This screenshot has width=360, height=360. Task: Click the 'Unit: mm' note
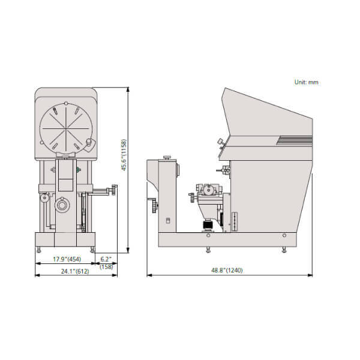coord(306,82)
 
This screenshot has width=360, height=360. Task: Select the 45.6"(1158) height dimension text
coord(124,155)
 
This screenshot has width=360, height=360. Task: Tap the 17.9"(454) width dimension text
coord(67,259)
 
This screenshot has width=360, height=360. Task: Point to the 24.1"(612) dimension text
coord(75,271)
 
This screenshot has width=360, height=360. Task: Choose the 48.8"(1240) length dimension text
coord(227,271)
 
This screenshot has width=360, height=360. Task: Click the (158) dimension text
coord(106,267)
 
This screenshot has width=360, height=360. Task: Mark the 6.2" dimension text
coord(106,259)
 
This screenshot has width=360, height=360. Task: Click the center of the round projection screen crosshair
coord(66,128)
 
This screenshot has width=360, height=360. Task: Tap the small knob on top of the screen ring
coord(66,103)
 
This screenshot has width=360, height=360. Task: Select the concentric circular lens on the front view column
coord(62,205)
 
